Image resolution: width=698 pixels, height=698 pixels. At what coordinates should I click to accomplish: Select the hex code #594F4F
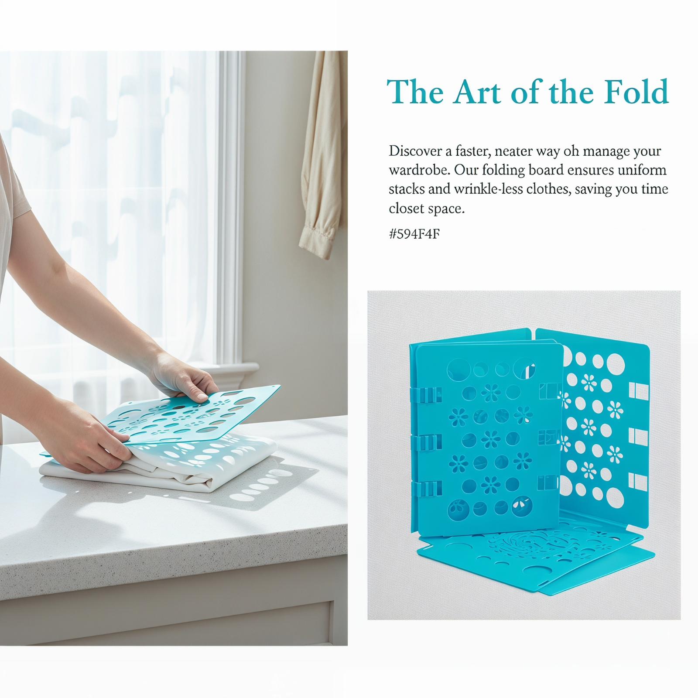414,235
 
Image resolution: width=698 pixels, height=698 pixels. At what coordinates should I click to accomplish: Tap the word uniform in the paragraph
643,170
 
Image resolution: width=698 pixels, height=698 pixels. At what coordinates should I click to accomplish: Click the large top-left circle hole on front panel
458,369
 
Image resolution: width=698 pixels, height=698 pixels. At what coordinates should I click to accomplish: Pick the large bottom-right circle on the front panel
522,506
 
